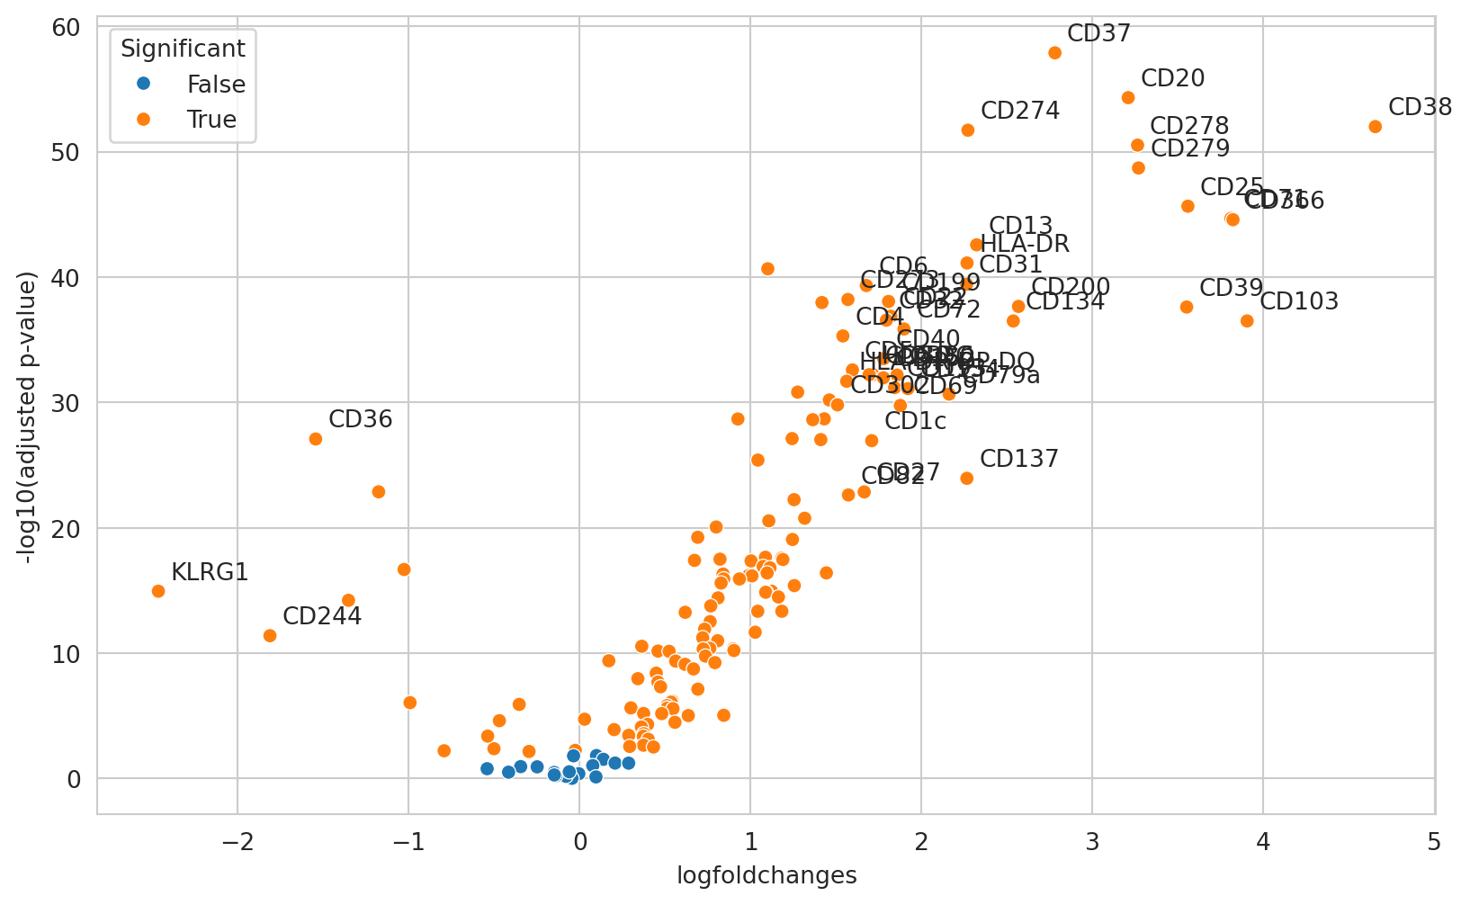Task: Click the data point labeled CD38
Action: tap(1375, 127)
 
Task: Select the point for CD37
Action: tap(1055, 53)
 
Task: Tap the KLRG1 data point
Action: tap(158, 591)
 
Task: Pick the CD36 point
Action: tap(316, 439)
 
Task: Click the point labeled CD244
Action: tap(270, 636)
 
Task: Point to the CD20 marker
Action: tap(1128, 97)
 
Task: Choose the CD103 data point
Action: tap(1247, 321)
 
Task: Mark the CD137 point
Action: tap(967, 479)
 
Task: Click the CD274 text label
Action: tap(1020, 111)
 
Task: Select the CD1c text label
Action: tap(915, 421)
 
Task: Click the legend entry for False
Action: tap(216, 85)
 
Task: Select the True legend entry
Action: tap(211, 120)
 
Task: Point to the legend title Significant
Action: tap(183, 49)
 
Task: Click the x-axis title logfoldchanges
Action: tap(766, 875)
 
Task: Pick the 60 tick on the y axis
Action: tap(72, 28)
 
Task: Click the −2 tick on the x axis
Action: tap(238, 842)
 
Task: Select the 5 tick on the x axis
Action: tap(1434, 842)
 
